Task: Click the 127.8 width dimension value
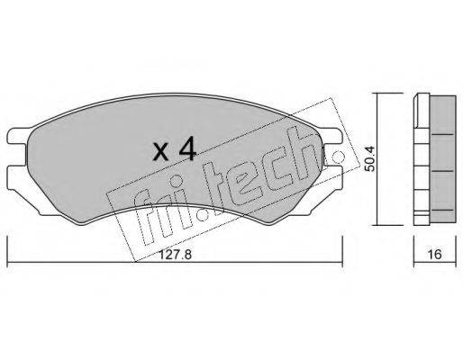click(175, 255)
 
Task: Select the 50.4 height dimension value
click(369, 163)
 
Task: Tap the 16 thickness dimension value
click(434, 255)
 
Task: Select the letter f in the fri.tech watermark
click(143, 220)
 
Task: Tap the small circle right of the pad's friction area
click(340, 157)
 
